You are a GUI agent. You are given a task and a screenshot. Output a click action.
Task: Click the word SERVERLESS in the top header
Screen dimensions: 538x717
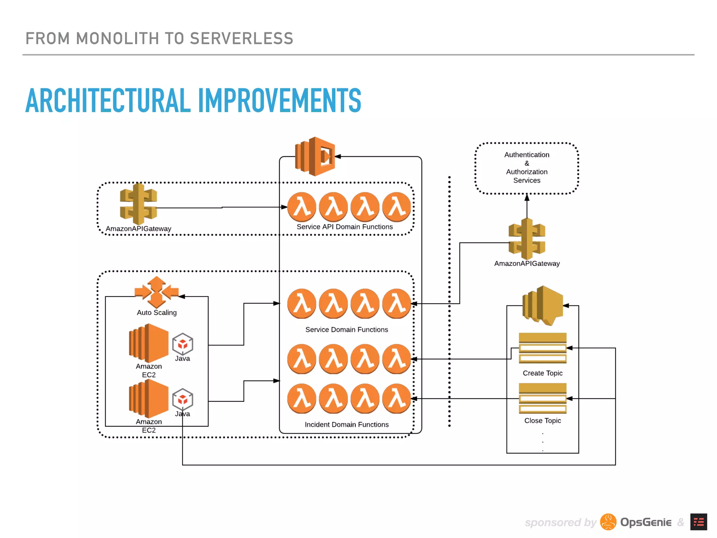click(x=241, y=39)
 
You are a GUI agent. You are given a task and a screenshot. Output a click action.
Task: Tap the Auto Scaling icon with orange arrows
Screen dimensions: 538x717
click(x=156, y=292)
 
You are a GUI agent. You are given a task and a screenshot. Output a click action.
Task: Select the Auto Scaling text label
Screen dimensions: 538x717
click(x=156, y=312)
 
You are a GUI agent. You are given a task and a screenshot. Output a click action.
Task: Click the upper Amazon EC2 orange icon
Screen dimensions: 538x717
click(x=148, y=343)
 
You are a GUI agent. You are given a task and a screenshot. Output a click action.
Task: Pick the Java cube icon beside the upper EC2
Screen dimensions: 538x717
click(x=182, y=344)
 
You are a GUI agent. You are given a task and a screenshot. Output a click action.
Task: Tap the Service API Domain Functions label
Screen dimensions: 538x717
click(x=344, y=227)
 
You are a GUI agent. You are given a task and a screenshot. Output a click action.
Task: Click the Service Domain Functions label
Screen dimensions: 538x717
click(x=347, y=330)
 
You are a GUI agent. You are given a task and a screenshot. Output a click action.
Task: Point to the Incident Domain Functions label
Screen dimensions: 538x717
click(x=347, y=425)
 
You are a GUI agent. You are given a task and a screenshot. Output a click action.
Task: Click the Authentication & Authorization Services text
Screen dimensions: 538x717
click(x=527, y=167)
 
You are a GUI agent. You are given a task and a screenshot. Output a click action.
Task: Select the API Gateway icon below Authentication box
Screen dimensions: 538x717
click(x=527, y=239)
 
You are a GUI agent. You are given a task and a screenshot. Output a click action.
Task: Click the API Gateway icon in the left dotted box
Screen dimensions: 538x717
click(x=138, y=204)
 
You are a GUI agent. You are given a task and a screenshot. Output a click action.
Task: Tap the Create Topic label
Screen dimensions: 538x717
click(x=542, y=373)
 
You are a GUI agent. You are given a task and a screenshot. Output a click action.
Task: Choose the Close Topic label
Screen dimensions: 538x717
click(x=542, y=420)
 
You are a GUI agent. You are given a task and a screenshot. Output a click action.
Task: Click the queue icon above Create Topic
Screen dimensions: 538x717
click(x=542, y=348)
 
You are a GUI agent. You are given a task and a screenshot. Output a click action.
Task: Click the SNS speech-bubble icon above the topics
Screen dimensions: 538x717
click(x=542, y=305)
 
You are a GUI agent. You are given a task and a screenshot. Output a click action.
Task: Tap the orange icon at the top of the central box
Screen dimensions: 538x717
click(x=315, y=156)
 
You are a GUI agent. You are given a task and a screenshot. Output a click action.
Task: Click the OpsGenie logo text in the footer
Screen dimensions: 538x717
click(x=646, y=522)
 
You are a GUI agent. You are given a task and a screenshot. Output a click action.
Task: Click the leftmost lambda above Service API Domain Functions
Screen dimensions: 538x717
click(x=301, y=207)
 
